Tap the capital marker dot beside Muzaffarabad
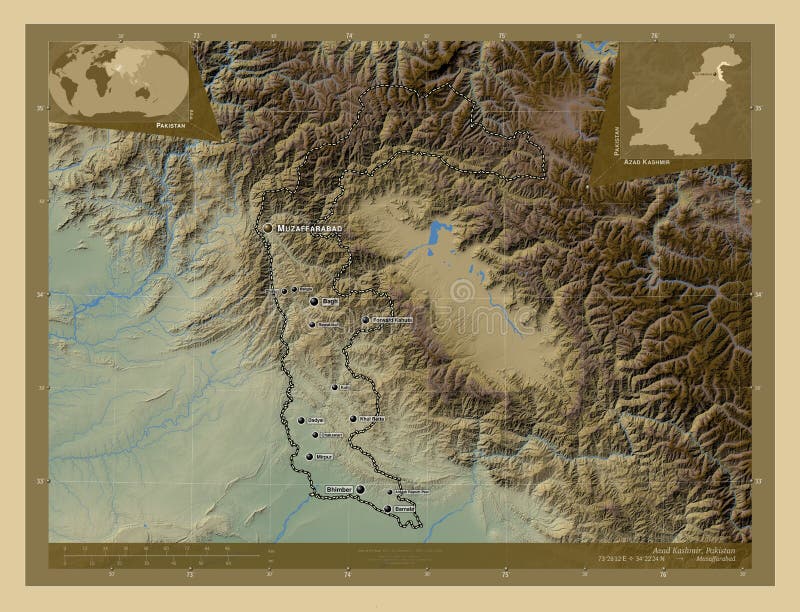click(268, 228)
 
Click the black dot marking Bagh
click(314, 301)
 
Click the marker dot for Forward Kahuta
click(366, 320)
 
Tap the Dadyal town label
click(317, 421)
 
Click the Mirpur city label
click(323, 456)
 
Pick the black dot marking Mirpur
click(310, 456)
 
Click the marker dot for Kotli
click(334, 387)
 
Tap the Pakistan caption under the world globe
click(171, 128)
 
